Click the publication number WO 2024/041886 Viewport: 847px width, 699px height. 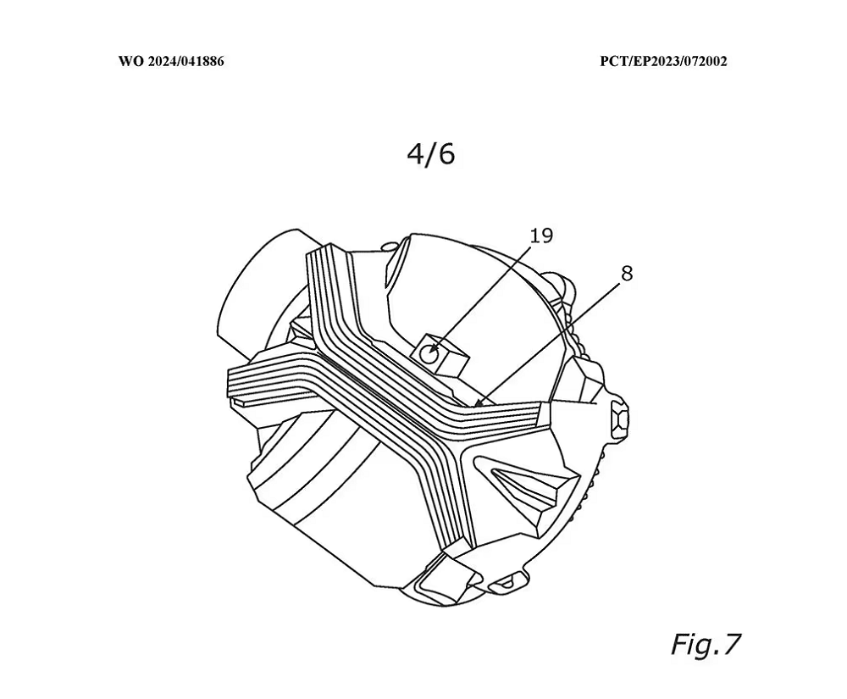pyautogui.click(x=171, y=61)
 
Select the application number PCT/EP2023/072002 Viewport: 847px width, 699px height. pyautogui.click(x=663, y=61)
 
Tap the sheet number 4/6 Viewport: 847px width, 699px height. pyautogui.click(x=430, y=154)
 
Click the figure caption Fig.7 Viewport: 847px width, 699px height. pyautogui.click(x=706, y=643)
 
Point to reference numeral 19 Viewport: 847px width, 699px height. pyautogui.click(x=541, y=236)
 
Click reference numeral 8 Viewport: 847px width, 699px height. pyautogui.click(x=627, y=274)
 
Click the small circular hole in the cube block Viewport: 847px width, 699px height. pyautogui.click(x=429, y=354)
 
